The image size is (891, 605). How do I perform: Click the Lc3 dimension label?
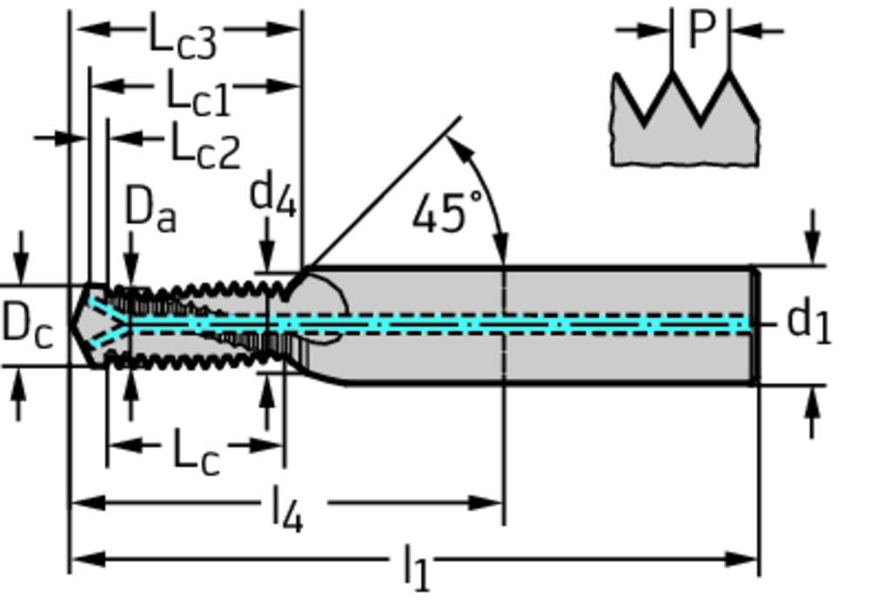point(183,37)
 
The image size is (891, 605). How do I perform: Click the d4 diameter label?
point(273,195)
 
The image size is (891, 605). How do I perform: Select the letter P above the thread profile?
point(701,30)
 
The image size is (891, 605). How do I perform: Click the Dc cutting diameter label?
point(27,324)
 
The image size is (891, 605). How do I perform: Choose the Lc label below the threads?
point(196,452)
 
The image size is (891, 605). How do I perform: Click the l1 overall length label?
point(417,568)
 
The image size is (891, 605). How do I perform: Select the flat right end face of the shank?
point(755,325)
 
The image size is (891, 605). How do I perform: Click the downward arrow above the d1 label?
point(813,239)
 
